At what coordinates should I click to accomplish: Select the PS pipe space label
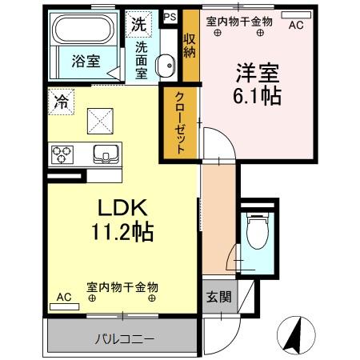coord(170,16)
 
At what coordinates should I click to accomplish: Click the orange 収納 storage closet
coord(189,45)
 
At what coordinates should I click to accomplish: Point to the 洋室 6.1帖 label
coord(256,84)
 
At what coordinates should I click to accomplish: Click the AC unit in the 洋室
coord(295,25)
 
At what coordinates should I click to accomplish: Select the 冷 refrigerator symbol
coord(61,102)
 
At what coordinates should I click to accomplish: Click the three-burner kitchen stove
coord(63,151)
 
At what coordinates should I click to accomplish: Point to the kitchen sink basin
coord(105,153)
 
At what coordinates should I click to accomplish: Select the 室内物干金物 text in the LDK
coord(122,286)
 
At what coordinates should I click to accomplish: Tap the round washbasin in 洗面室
coord(166,66)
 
